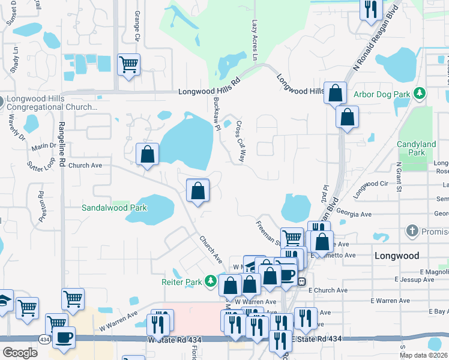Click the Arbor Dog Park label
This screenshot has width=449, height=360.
(382, 94)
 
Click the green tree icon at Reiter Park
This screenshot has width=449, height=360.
(210, 281)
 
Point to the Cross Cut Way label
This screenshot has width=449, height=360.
(241, 142)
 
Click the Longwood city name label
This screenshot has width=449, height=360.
(396, 256)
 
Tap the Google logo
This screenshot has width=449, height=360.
(20, 353)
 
